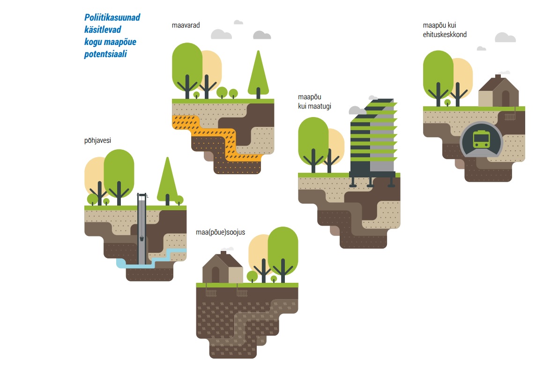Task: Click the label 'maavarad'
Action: click(x=186, y=25)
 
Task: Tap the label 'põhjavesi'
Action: click(x=97, y=140)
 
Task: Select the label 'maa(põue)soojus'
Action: click(x=220, y=232)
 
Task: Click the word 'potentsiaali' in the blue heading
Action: click(x=105, y=54)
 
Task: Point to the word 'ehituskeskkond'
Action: click(x=445, y=35)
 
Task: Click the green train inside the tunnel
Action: click(x=481, y=140)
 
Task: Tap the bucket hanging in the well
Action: click(x=141, y=238)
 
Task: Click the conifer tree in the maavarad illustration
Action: click(x=258, y=74)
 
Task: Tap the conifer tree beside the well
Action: click(x=167, y=181)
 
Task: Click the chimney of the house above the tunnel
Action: click(x=498, y=76)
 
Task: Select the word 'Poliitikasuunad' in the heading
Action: click(x=112, y=17)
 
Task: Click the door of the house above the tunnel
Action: click(x=506, y=98)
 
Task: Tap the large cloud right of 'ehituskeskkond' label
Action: click(x=506, y=37)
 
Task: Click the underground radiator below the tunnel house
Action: click(x=510, y=117)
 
